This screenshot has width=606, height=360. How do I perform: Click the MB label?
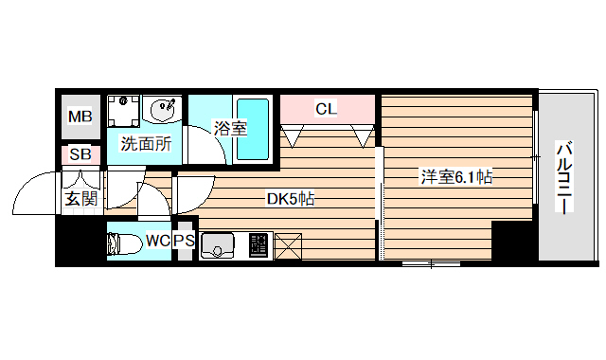point(80,117)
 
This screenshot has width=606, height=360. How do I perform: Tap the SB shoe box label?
point(80,154)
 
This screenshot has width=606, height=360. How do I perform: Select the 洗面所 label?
point(146,145)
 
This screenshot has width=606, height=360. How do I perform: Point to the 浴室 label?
point(230,128)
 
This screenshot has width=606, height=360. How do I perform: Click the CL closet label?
point(326,109)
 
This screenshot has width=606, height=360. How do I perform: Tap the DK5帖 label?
point(290,200)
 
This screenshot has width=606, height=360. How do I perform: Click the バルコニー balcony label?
point(564,178)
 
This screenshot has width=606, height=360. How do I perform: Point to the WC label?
point(157,242)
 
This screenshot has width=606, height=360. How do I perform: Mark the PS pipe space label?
point(185,242)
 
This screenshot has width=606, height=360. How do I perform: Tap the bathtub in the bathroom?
point(254,128)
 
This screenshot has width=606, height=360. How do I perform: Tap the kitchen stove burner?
point(258,245)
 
